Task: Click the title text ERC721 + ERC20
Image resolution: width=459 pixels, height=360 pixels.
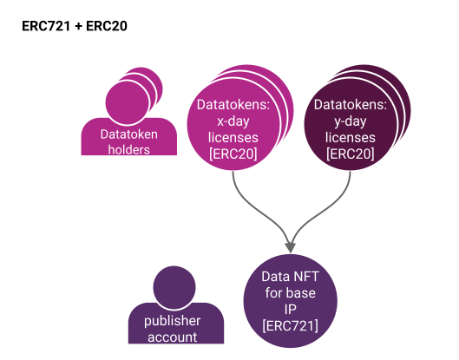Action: pyautogui.click(x=75, y=26)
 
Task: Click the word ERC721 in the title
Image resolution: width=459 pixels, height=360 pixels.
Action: pyautogui.click(x=46, y=26)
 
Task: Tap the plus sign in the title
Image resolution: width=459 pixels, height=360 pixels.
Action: pyautogui.click(x=78, y=26)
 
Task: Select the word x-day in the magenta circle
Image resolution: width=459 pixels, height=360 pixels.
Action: pyautogui.click(x=233, y=121)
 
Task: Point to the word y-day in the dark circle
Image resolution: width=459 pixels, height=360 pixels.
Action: pyautogui.click(x=350, y=121)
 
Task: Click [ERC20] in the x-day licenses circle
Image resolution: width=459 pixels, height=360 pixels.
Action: pyautogui.click(x=233, y=154)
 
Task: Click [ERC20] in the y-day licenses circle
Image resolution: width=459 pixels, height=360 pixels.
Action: pyautogui.click(x=350, y=154)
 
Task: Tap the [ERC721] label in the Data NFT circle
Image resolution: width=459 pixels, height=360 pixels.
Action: pyautogui.click(x=290, y=325)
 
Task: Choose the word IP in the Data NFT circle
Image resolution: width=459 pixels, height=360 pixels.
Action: pyautogui.click(x=290, y=309)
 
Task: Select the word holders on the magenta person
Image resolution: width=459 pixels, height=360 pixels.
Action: pyautogui.click(x=128, y=150)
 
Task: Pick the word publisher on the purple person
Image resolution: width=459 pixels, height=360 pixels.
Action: pyautogui.click(x=172, y=321)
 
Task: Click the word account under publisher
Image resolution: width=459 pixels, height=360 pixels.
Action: pyautogui.click(x=172, y=337)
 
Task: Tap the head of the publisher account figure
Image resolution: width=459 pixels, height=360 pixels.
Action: pyautogui.click(x=174, y=287)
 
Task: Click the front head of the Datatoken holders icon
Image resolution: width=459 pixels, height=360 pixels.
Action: pyautogui.click(x=128, y=102)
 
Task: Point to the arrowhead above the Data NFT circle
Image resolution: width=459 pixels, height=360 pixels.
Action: pyautogui.click(x=290, y=247)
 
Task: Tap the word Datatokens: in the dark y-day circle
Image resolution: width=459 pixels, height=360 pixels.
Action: pyautogui.click(x=350, y=105)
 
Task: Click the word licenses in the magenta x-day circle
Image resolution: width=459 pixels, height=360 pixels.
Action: pyautogui.click(x=233, y=138)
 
